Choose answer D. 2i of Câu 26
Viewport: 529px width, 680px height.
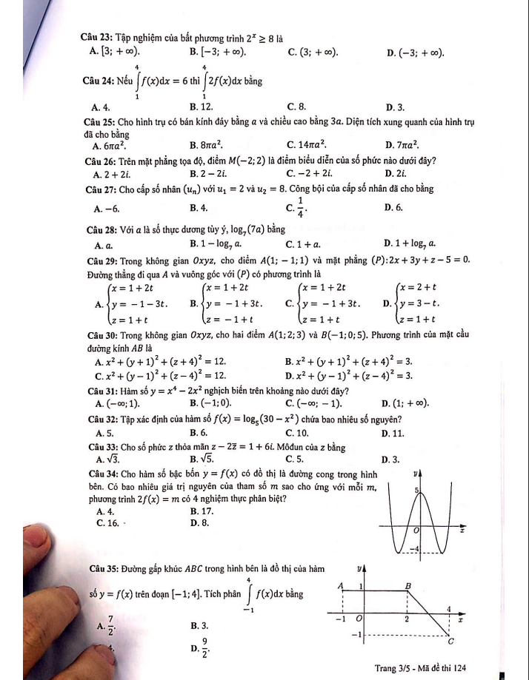394,174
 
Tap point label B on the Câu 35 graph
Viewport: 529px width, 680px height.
407,585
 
